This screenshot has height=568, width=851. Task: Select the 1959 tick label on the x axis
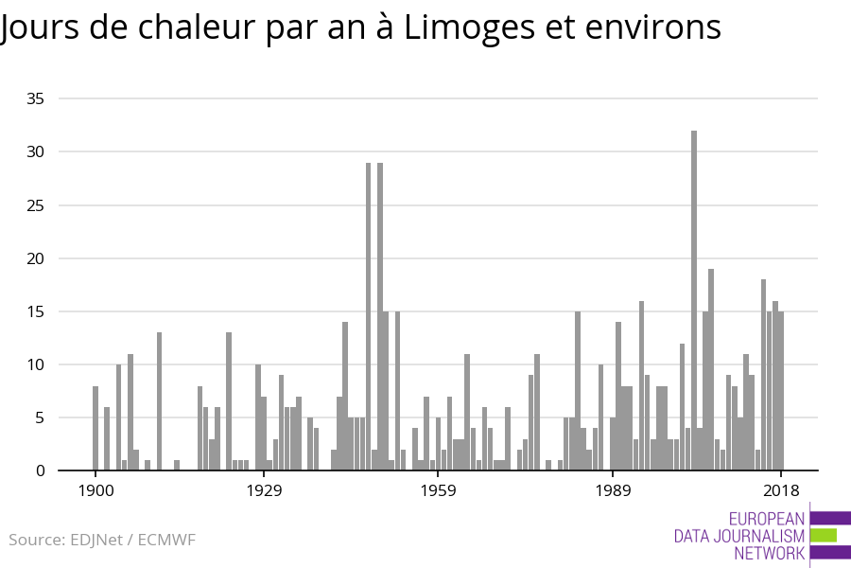coord(439,490)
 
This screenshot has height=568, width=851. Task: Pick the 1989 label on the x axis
coord(613,490)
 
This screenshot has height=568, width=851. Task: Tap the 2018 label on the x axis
coord(781,490)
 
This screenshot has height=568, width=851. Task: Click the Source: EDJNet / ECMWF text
coord(102,540)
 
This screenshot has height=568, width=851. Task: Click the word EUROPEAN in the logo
coord(767,519)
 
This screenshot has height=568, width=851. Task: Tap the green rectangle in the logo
coord(824,536)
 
